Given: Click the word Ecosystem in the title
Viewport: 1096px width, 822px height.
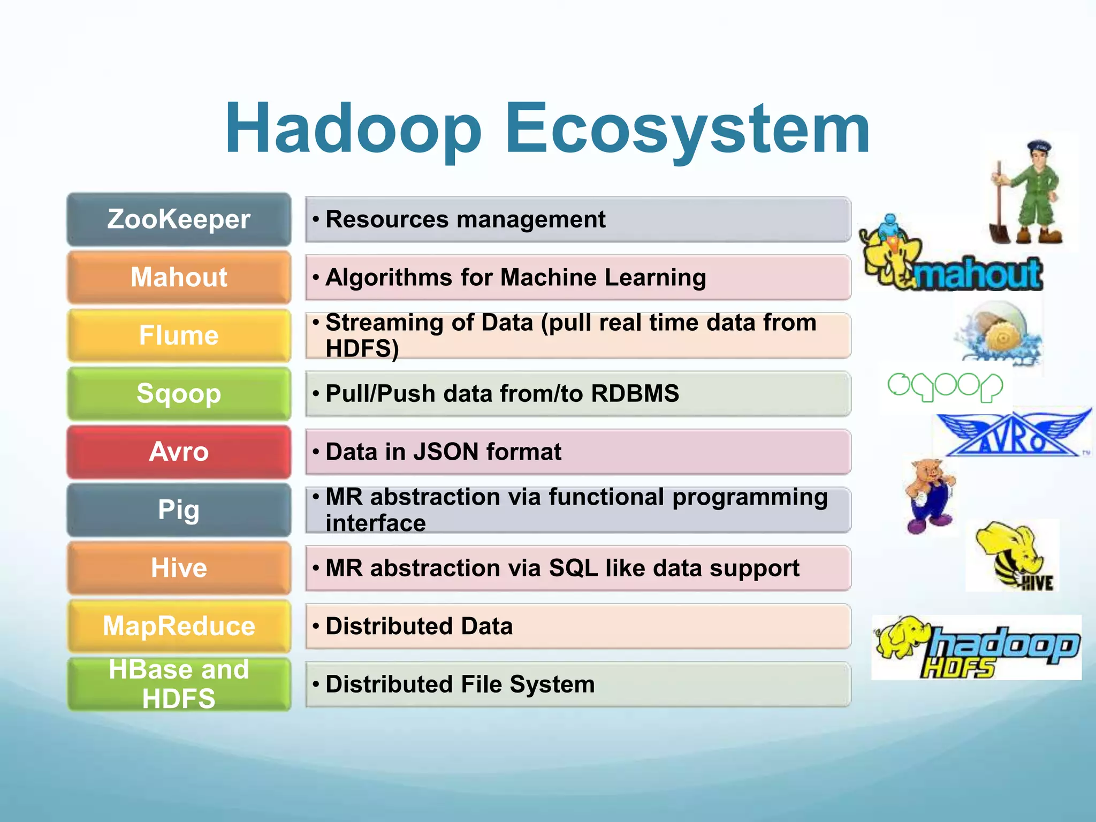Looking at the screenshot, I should [687, 130].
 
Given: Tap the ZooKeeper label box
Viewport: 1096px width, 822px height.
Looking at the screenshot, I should [179, 219].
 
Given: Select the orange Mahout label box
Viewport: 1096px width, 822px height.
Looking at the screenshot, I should [179, 277].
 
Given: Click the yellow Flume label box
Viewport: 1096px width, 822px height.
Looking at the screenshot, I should [179, 336].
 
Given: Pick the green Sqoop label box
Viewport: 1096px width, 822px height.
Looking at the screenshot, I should [179, 394].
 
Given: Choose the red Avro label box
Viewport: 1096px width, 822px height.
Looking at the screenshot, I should [179, 452].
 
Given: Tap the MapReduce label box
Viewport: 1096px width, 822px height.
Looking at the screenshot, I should [179, 626].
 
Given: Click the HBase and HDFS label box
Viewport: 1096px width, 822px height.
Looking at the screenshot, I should [179, 684].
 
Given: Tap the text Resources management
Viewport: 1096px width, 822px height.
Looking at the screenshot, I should [465, 219].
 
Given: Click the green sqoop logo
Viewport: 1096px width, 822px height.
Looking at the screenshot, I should [945, 386].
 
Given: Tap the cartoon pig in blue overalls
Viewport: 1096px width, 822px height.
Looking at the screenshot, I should [930, 495].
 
